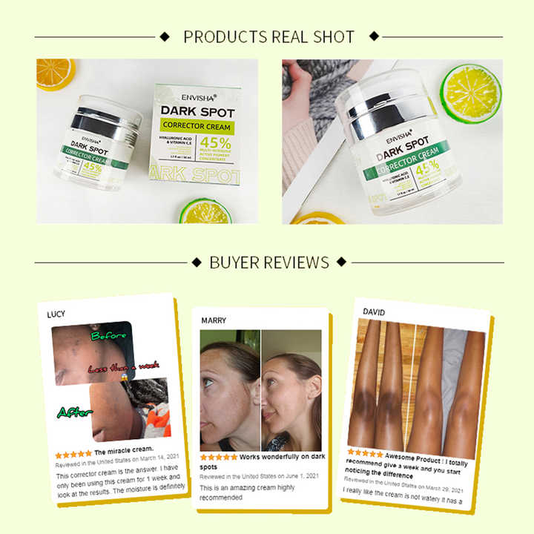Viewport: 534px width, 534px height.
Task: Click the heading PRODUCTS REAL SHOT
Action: click(268, 36)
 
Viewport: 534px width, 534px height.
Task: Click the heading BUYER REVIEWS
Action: click(269, 262)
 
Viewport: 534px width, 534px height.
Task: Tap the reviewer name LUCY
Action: click(56, 314)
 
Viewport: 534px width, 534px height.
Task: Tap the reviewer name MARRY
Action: click(214, 320)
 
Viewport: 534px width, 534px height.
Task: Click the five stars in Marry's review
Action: click(219, 458)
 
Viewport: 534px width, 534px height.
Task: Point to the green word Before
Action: click(109, 336)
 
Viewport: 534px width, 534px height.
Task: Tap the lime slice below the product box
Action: click(204, 210)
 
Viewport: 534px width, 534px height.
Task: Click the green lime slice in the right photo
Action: click(470, 93)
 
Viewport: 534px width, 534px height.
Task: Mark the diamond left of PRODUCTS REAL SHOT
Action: click(165, 36)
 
